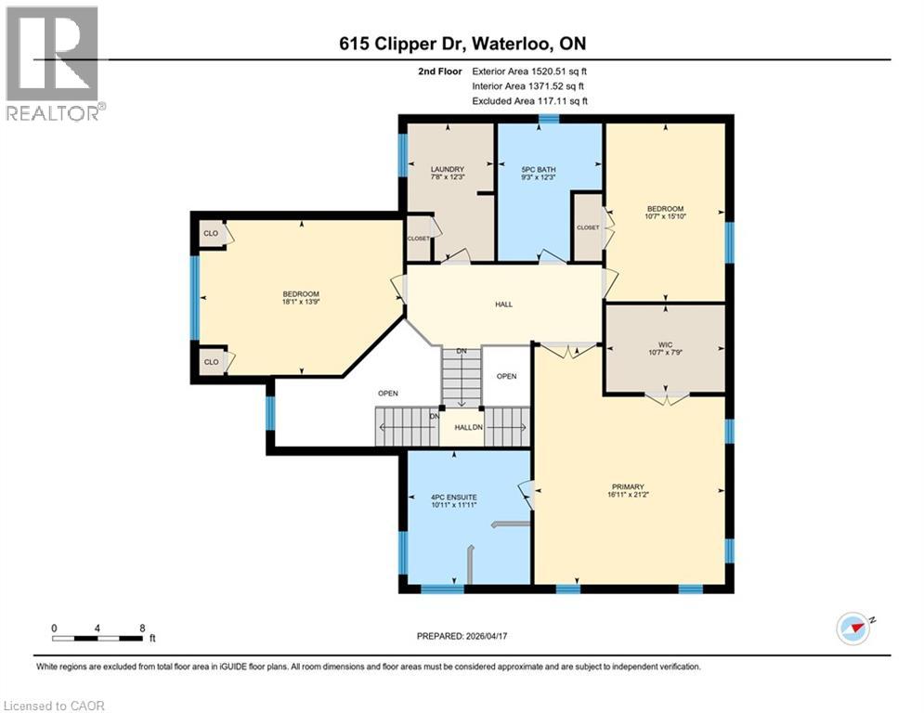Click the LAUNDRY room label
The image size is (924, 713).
tap(447, 169)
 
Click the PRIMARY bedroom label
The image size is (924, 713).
tap(628, 487)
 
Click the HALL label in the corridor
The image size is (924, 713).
tap(503, 305)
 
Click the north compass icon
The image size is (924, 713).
tap(853, 628)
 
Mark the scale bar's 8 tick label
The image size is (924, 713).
tap(142, 628)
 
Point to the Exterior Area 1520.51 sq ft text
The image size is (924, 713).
tap(529, 71)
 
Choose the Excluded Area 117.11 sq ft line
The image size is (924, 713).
tap(529, 101)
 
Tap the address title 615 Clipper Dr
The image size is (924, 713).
tap(462, 44)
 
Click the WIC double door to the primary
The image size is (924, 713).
tap(667, 399)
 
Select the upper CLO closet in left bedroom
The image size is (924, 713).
tap(212, 233)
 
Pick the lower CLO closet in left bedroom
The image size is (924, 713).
tap(212, 361)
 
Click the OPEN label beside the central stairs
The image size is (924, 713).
tap(506, 376)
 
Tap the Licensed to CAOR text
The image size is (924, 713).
tap(54, 706)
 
